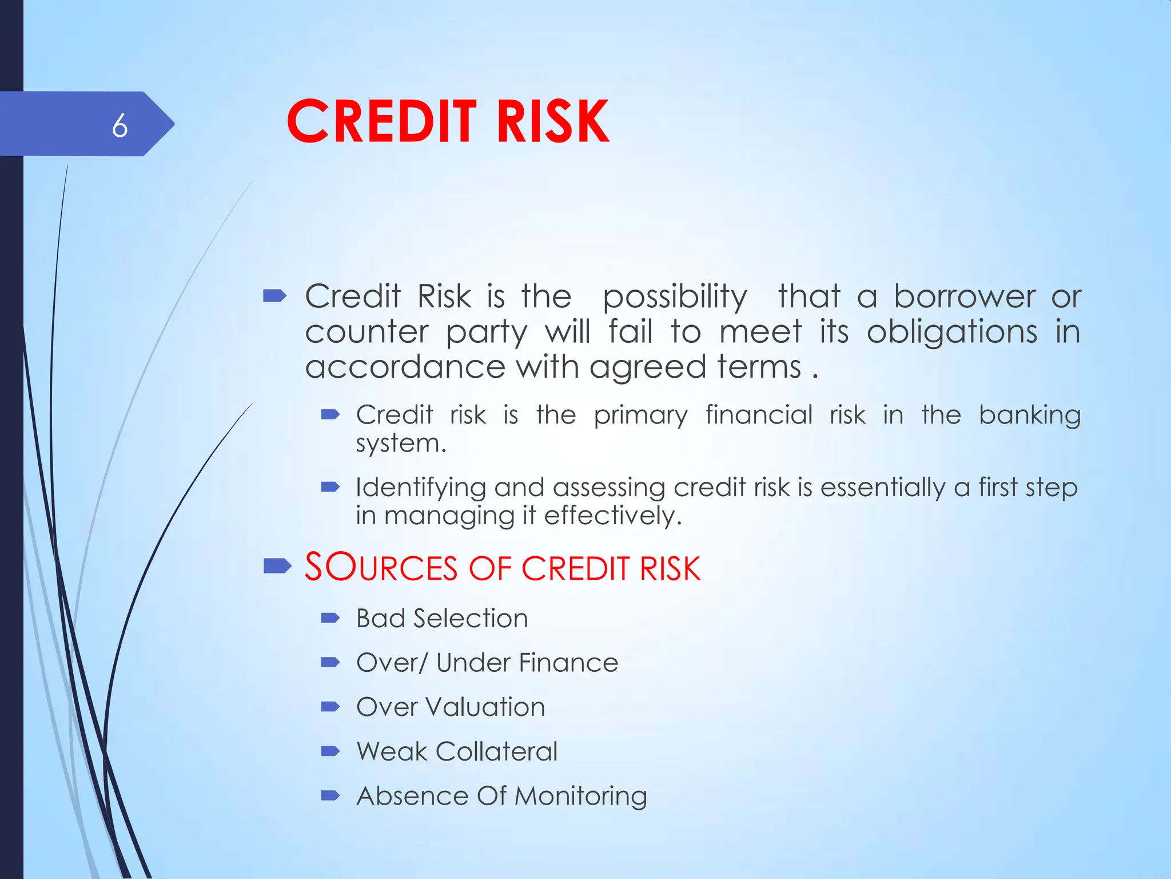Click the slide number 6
click(120, 125)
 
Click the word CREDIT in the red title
click(381, 121)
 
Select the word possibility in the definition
click(675, 298)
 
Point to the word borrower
click(965, 296)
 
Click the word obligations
click(952, 332)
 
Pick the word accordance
click(405, 367)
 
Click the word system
click(400, 444)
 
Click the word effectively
click(613, 516)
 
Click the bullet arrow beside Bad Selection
click(330, 618)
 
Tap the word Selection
click(470, 619)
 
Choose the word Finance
click(568, 663)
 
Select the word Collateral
click(496, 751)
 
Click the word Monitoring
click(581, 797)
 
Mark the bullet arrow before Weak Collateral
click(330, 751)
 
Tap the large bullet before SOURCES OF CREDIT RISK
click(277, 567)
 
